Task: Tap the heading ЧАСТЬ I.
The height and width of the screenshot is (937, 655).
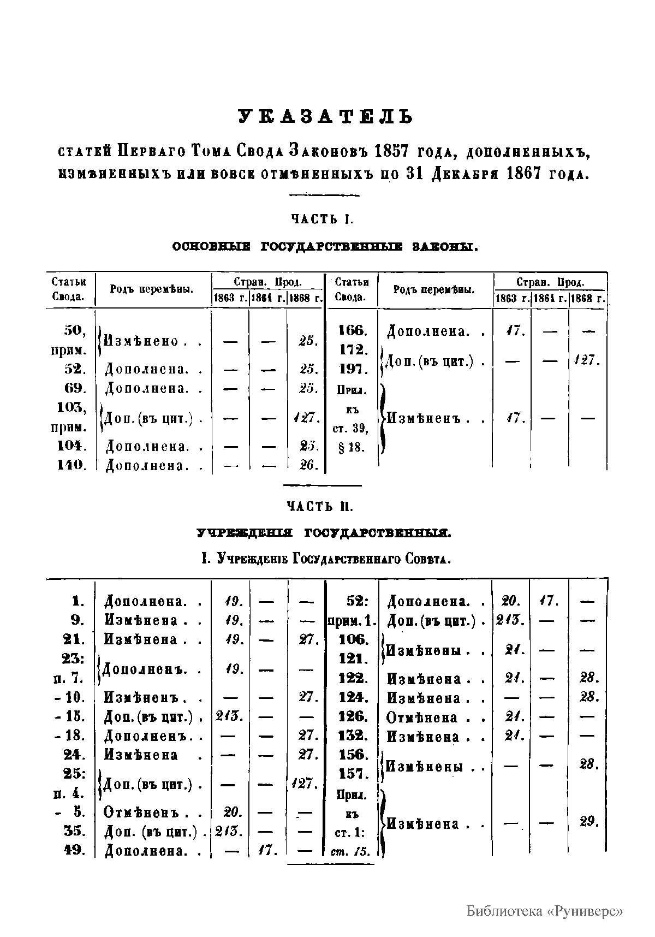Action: click(322, 220)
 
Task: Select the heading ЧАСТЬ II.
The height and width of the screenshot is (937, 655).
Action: click(321, 507)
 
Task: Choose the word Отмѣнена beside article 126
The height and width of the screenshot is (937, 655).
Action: click(423, 717)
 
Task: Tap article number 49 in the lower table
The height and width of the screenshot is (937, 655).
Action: click(74, 850)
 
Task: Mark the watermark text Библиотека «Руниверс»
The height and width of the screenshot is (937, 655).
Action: click(545, 911)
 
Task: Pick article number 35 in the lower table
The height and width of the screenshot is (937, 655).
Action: click(74, 831)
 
